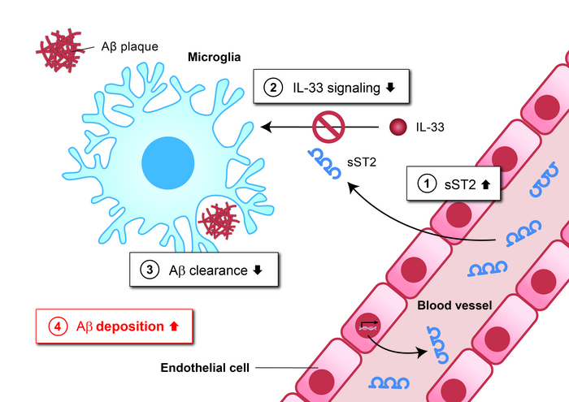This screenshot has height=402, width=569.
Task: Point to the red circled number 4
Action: point(57,326)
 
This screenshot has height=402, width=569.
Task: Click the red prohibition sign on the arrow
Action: point(329,126)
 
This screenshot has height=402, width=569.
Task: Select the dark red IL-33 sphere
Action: point(397,126)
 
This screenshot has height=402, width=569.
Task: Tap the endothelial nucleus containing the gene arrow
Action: point(368,327)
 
